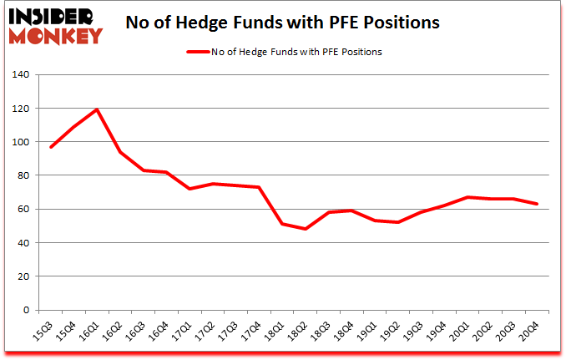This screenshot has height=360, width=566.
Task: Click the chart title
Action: (x=282, y=23)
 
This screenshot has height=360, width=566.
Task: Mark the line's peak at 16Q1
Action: (x=97, y=110)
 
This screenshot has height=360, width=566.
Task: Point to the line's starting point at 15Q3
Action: (x=51, y=147)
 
